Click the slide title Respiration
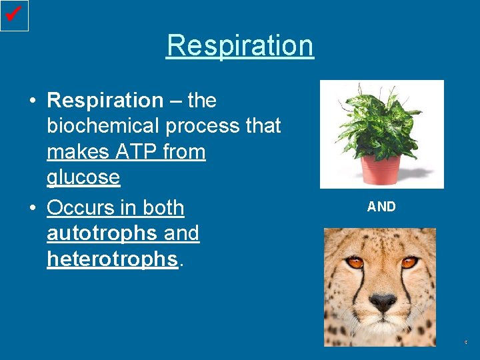click(240, 45)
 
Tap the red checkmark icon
click(14, 14)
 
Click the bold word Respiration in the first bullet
click(105, 101)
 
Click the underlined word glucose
click(83, 177)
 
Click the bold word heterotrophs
click(112, 259)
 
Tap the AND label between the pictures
click(381, 207)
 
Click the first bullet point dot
click(32, 101)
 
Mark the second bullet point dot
click(32, 209)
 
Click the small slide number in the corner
click(466, 342)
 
